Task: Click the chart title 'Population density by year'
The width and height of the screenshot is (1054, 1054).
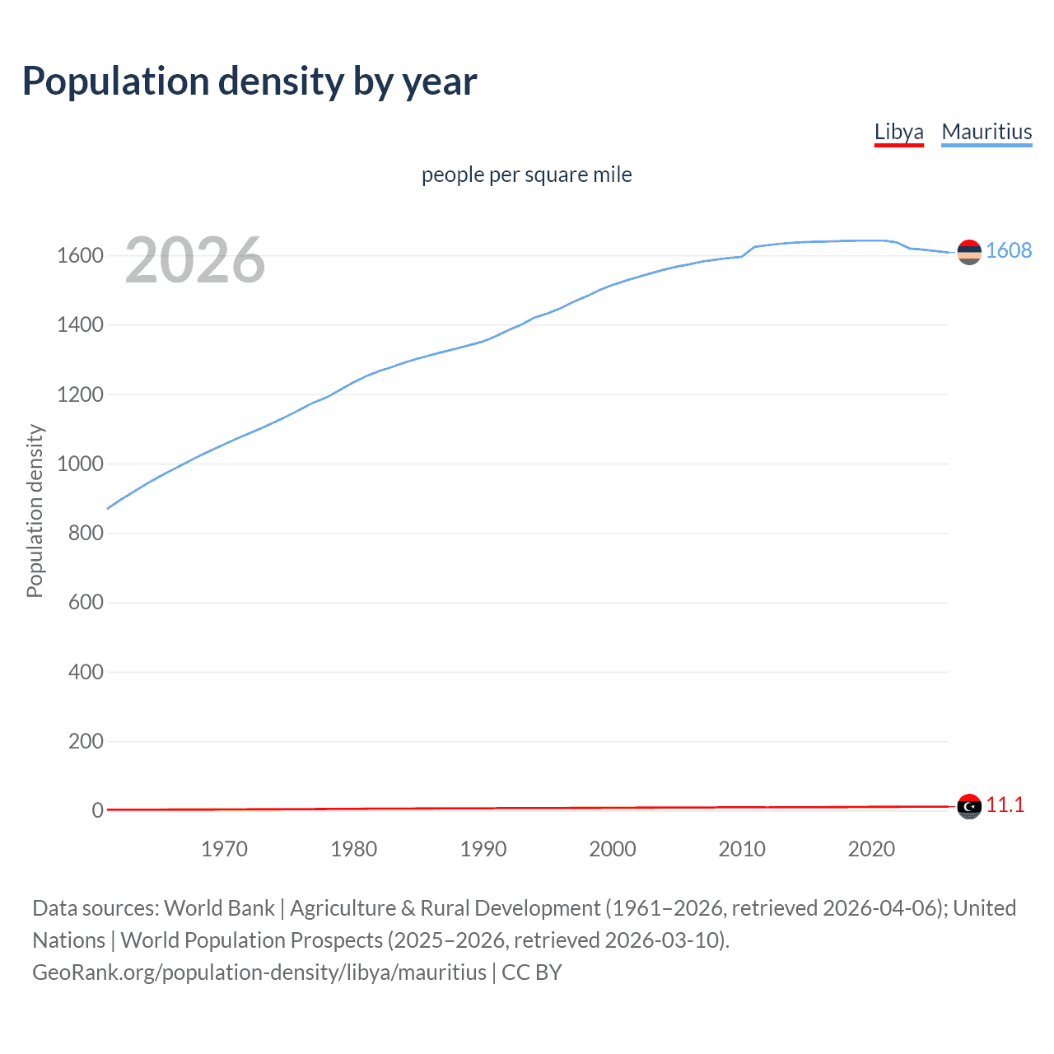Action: (x=250, y=82)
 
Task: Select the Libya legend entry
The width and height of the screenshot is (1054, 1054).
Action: (x=898, y=132)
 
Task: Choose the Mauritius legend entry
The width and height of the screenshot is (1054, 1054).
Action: (x=986, y=132)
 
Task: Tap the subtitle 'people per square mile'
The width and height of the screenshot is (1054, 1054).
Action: (x=526, y=175)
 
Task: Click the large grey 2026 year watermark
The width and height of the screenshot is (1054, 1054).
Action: (x=195, y=260)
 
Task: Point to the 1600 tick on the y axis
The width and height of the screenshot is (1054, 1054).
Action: (x=80, y=255)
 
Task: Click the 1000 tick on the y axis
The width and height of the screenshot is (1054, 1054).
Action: (x=80, y=464)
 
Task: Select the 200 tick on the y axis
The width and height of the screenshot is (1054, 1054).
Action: (x=86, y=741)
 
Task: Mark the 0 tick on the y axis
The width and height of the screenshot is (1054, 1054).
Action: (x=97, y=810)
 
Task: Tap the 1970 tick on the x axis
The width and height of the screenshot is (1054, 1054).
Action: (x=224, y=849)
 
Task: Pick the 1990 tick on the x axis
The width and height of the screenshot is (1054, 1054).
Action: (x=483, y=849)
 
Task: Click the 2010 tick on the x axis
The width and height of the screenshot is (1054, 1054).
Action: (x=742, y=849)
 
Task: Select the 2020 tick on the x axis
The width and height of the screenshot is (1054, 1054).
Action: (x=871, y=849)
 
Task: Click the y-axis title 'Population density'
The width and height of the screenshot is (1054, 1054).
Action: (x=35, y=511)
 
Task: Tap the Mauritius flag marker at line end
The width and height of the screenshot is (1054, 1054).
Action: (x=969, y=252)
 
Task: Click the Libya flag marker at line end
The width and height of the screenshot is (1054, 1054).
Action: (x=969, y=806)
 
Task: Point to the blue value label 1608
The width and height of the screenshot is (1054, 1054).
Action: (x=1009, y=250)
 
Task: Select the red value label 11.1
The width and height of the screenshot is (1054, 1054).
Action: (x=1005, y=804)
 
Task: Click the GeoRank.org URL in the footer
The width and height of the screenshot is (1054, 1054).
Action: (x=259, y=972)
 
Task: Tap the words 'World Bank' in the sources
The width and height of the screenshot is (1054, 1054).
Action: (x=219, y=908)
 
